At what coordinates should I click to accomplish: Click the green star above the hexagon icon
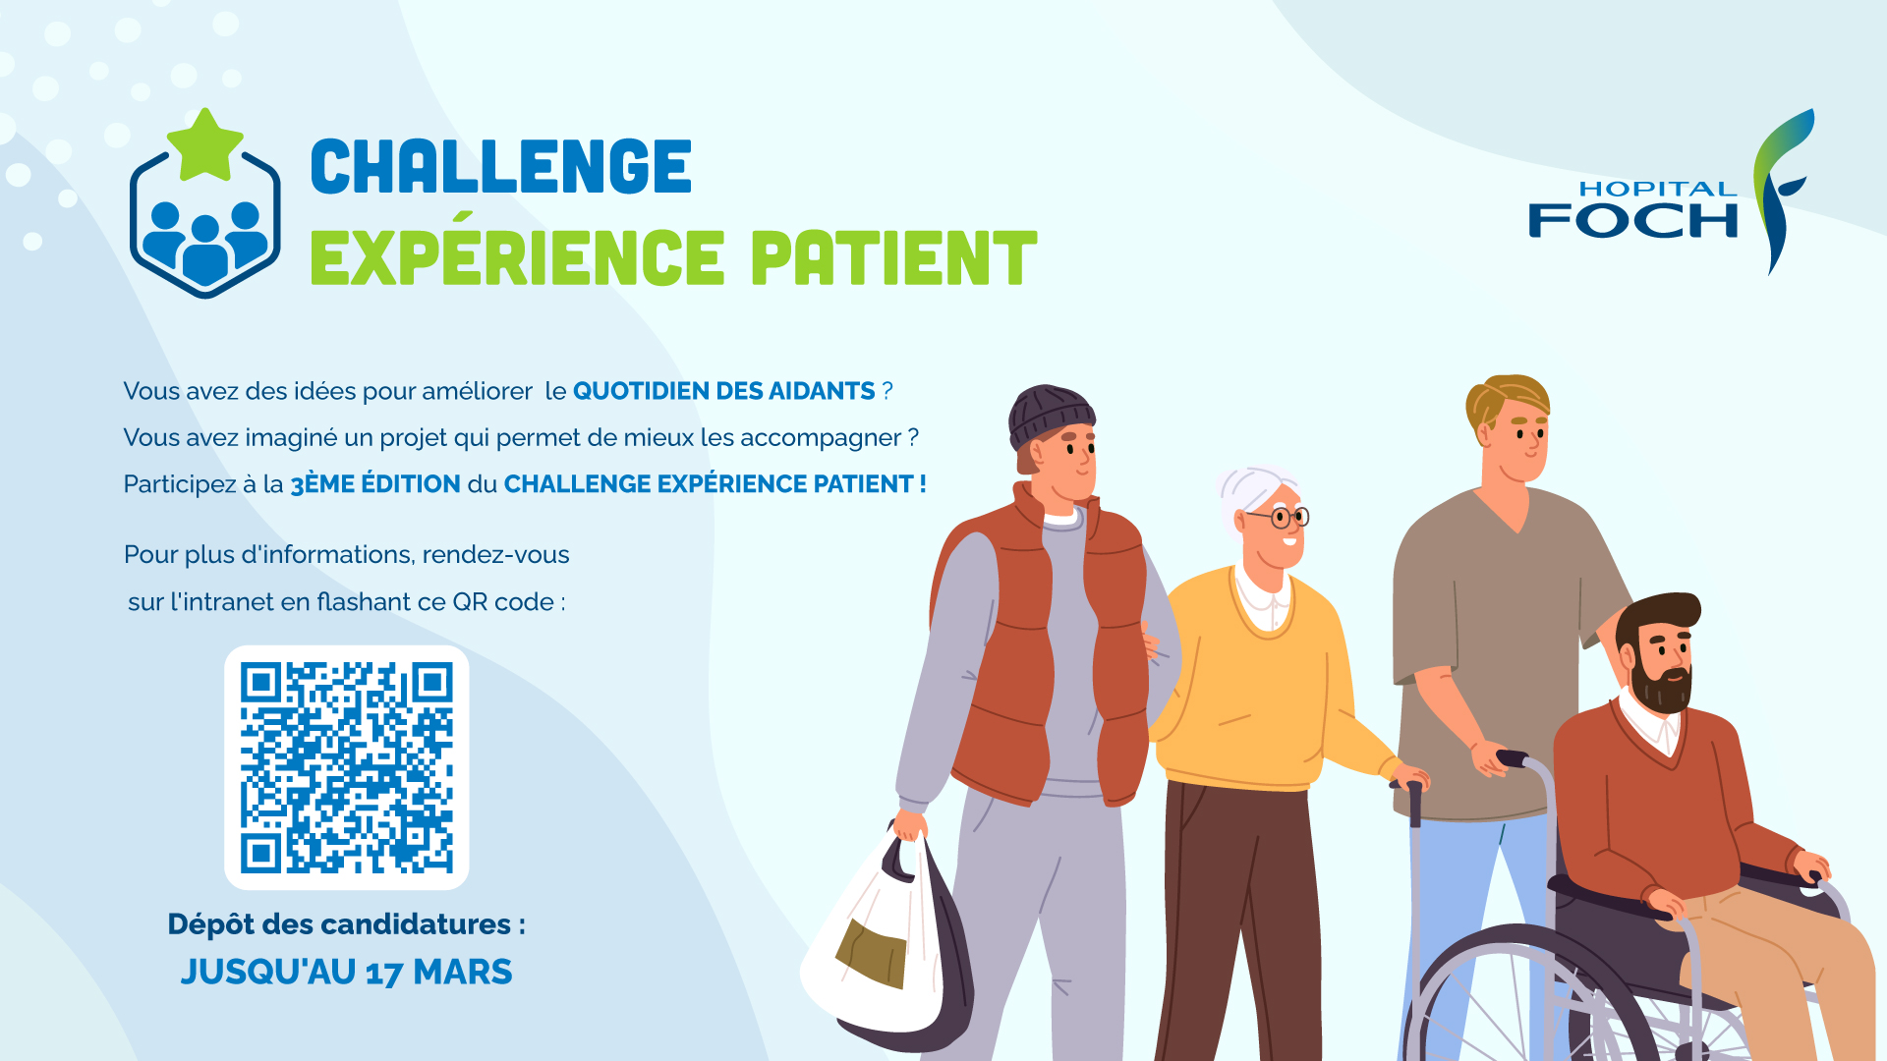205,145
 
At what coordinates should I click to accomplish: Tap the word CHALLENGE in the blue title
501,167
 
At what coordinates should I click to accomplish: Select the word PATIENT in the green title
893,258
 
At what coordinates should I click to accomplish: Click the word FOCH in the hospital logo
1632,221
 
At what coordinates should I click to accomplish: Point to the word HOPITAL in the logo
1657,189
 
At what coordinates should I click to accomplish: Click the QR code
347,767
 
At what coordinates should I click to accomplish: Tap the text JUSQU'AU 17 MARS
346,972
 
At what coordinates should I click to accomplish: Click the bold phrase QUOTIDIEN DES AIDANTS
723,391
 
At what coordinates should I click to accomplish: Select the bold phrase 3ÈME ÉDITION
375,484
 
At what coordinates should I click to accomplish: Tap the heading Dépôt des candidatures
346,924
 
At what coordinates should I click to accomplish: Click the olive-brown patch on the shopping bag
871,952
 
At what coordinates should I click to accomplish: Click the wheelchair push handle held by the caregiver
1513,758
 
